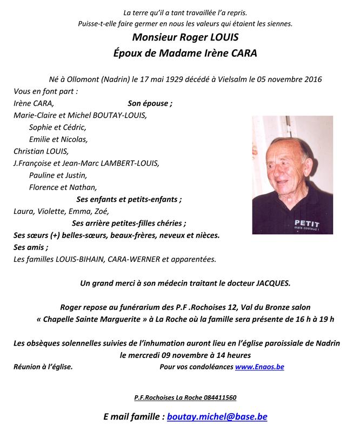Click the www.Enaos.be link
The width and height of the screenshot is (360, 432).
point(259,367)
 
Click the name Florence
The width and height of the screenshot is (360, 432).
point(45,187)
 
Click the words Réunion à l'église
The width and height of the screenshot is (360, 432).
point(43,367)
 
